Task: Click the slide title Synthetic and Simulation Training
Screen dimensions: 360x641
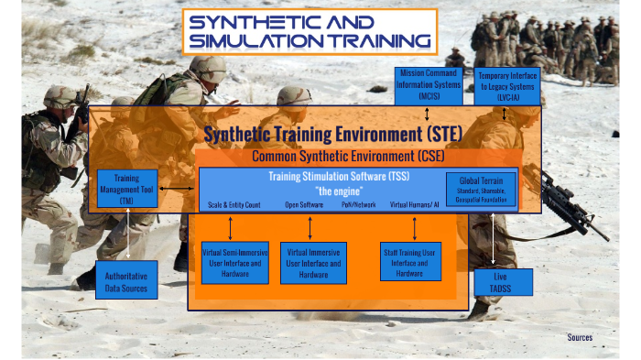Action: click(310, 31)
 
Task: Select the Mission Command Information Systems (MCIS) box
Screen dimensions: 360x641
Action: click(429, 83)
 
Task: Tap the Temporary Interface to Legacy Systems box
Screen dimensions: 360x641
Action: click(507, 83)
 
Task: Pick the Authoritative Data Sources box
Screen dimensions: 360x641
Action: click(126, 279)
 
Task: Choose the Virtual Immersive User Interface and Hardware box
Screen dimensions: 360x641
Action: click(313, 262)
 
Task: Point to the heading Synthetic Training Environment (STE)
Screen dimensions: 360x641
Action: click(332, 135)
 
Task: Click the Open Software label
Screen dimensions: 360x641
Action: click(304, 205)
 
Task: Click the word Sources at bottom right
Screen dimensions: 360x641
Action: click(579, 337)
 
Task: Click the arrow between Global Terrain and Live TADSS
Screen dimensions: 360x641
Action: click(495, 240)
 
